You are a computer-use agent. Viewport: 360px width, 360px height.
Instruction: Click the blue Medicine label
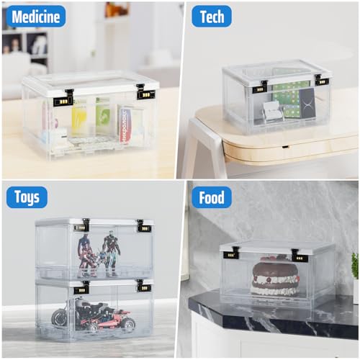[34, 16]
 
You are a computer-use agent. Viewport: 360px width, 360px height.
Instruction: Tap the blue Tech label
[211, 16]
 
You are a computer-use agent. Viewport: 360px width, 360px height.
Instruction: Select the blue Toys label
[26, 197]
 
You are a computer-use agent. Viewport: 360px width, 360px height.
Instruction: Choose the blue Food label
[211, 197]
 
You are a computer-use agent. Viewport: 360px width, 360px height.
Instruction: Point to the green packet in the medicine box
[102, 115]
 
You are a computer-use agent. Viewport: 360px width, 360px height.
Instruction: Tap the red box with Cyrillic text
[126, 122]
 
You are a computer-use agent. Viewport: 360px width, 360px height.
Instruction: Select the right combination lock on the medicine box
[144, 94]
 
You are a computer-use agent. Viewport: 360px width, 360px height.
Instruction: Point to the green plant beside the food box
[355, 266]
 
